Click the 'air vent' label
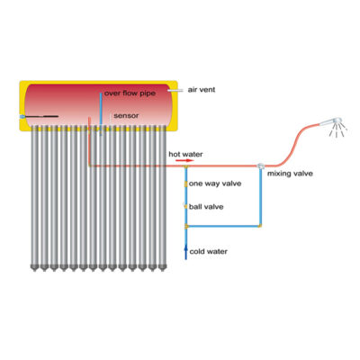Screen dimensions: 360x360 (202, 90)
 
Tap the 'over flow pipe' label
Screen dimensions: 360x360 (130, 94)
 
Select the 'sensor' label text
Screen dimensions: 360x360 (126, 115)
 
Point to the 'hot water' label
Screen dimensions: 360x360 (185, 154)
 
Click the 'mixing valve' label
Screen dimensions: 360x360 (290, 174)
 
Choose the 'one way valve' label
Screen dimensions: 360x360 (215, 184)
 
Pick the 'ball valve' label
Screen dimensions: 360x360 (206, 207)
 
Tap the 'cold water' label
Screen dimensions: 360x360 (208, 251)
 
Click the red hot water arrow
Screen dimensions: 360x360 (184, 161)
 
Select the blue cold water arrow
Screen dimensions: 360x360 (185, 252)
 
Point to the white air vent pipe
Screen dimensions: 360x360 (175, 90)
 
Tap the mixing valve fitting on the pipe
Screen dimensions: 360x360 (260, 166)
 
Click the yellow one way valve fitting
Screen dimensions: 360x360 (185, 184)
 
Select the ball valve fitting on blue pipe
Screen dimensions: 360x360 (185, 206)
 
